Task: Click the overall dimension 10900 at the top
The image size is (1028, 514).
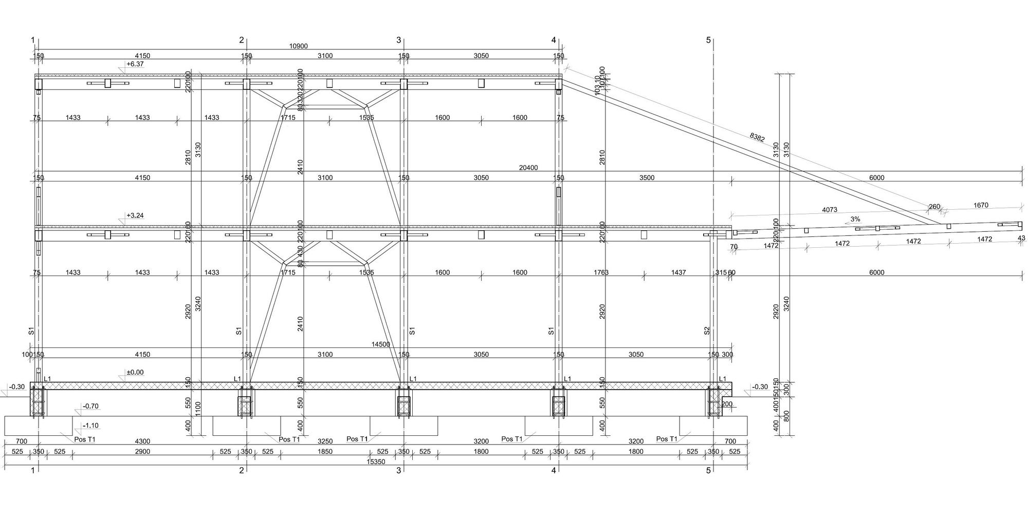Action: pyautogui.click(x=299, y=46)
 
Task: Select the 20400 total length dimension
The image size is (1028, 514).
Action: pyautogui.click(x=528, y=168)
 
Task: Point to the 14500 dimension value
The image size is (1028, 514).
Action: pyautogui.click(x=380, y=344)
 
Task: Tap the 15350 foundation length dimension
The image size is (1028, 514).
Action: pyautogui.click(x=376, y=462)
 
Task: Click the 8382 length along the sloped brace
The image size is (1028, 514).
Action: pyautogui.click(x=757, y=137)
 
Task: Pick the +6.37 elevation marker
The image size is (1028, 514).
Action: pyautogui.click(x=135, y=64)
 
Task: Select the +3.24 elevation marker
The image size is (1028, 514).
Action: pyautogui.click(x=135, y=215)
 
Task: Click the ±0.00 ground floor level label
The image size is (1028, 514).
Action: pyautogui.click(x=135, y=372)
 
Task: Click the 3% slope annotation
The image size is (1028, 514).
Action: pyautogui.click(x=855, y=219)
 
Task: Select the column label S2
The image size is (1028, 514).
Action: pyautogui.click(x=707, y=331)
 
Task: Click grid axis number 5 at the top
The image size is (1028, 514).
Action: pyautogui.click(x=708, y=40)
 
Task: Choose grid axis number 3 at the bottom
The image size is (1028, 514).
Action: pyautogui.click(x=398, y=470)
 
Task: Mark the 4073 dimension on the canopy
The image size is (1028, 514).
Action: pyautogui.click(x=830, y=210)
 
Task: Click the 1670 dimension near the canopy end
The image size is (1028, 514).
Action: pyautogui.click(x=981, y=205)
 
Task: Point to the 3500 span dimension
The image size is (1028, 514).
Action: pyautogui.click(x=647, y=178)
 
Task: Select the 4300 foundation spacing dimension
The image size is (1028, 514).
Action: pyautogui.click(x=142, y=441)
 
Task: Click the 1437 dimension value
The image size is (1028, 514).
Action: pyautogui.click(x=678, y=272)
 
